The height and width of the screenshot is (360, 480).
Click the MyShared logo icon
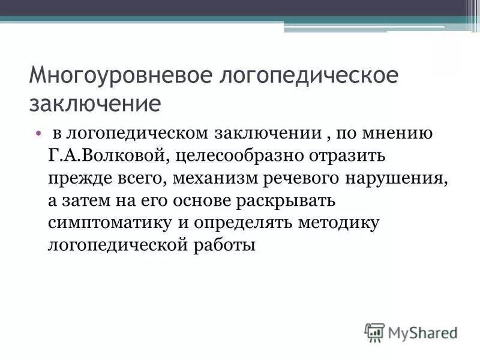point(374,332)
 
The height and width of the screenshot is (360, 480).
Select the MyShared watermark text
point(422,332)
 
